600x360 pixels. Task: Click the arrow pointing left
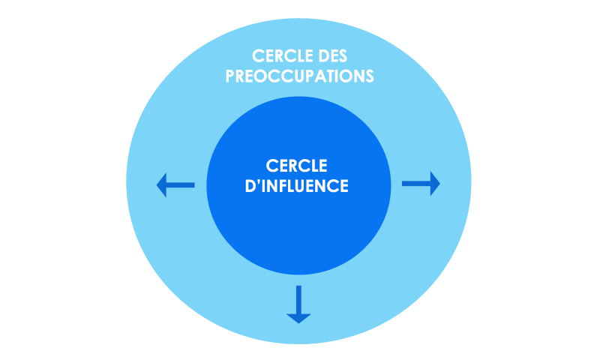[x=175, y=184]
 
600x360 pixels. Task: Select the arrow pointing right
[x=421, y=183]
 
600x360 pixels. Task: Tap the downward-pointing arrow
[x=298, y=304]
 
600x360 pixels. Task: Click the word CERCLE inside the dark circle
[x=298, y=166]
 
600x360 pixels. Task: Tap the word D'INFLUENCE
[x=298, y=185]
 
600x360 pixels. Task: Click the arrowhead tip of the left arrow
[x=158, y=184]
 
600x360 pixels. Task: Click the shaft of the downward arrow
[x=298, y=297]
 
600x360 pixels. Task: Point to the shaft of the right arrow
[x=415, y=183]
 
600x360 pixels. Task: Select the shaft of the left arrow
[x=182, y=184]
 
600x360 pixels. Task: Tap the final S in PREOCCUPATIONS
[x=369, y=76]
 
